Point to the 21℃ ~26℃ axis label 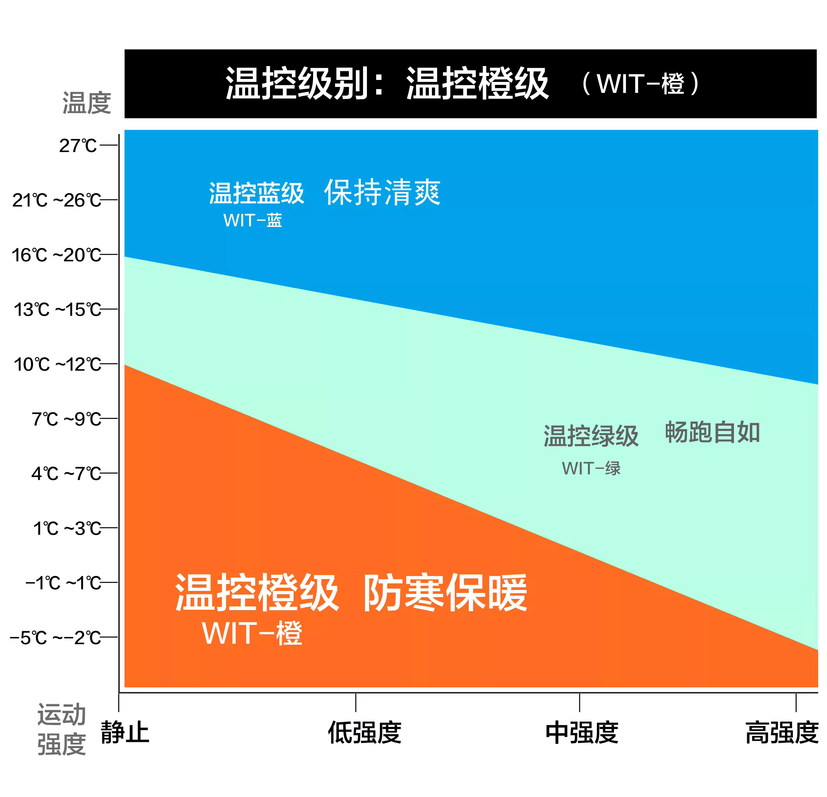tap(56, 200)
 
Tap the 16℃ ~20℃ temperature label tap(56, 255)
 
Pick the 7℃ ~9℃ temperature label tap(66, 419)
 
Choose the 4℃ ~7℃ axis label tap(66, 473)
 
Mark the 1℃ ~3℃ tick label tap(67, 528)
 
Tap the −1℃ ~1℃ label tap(63, 583)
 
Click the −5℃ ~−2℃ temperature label tap(55, 637)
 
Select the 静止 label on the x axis tap(125, 732)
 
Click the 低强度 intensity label tap(365, 732)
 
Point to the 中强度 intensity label tap(582, 732)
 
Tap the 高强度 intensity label tap(782, 732)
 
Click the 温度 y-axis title tap(87, 102)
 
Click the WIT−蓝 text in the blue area tap(252, 220)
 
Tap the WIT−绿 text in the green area tap(591, 468)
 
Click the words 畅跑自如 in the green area tap(712, 432)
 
